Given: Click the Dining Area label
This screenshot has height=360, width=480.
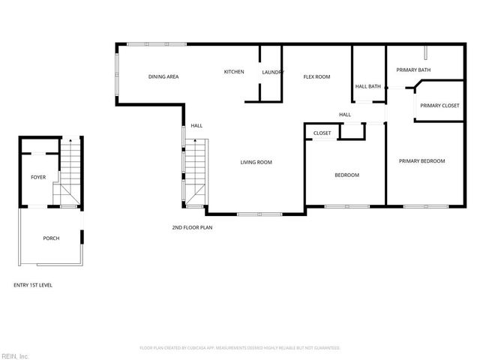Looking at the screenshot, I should pos(163,76).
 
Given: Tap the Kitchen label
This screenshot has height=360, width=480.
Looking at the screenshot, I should pos(234,72).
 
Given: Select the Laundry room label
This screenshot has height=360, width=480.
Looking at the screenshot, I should pos(271,72).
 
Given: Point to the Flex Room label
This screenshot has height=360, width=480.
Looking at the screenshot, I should pos(316,76).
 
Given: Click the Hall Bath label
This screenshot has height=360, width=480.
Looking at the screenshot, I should pos(368,86).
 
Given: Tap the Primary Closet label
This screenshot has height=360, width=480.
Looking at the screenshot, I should pos(439,106).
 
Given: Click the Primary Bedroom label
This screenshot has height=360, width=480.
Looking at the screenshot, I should pos(421,161).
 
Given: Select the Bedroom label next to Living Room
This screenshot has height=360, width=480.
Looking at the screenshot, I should pos(346,175).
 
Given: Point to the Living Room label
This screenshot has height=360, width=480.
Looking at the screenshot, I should pos(256,162).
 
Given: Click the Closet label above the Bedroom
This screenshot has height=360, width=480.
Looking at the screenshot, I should pos(322,133).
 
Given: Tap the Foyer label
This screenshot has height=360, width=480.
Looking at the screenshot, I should pos(38,178).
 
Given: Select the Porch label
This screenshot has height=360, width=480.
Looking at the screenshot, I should pos(51,238).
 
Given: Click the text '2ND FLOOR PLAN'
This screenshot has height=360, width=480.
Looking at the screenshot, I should pos(193,226).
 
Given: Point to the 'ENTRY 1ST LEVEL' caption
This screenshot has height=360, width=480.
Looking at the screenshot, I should pos(33,285).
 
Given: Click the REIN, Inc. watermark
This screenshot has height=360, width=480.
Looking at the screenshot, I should pos(15,355).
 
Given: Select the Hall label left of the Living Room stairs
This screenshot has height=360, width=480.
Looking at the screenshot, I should pos(196,126).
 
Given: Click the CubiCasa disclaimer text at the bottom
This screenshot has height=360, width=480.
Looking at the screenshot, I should pos(240,348).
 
